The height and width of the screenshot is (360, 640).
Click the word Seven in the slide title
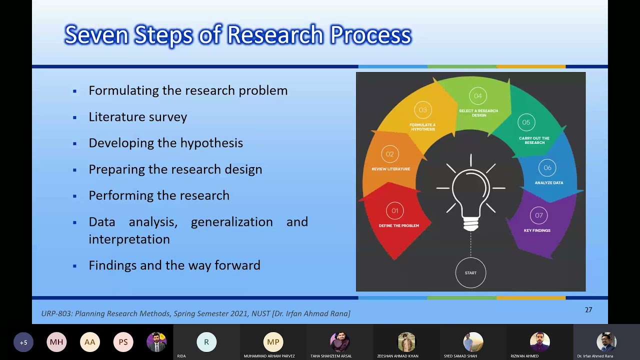click(95, 35)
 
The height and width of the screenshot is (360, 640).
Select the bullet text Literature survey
click(137, 117)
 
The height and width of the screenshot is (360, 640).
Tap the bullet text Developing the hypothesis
click(165, 143)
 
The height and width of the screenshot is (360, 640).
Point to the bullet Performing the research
click(158, 195)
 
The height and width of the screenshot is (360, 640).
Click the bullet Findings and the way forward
click(174, 265)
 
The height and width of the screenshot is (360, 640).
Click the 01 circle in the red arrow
click(395, 211)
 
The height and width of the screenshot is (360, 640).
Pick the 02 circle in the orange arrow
click(389, 154)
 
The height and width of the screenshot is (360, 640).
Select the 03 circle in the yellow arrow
click(423, 110)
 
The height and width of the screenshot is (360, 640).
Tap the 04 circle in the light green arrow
click(478, 96)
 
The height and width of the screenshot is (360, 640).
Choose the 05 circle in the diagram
click(526, 122)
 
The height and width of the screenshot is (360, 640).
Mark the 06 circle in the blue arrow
click(547, 168)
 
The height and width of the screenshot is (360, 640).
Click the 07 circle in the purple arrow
click(538, 215)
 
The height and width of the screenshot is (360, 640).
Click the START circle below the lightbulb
click(470, 273)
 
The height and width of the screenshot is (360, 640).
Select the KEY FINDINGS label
click(537, 230)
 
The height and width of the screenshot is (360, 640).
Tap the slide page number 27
click(588, 310)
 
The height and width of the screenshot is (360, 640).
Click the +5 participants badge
click(23, 342)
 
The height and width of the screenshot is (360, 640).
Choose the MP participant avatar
click(273, 342)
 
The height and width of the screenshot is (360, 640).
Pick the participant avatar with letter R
click(206, 342)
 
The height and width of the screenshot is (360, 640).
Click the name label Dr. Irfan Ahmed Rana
click(595, 356)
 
